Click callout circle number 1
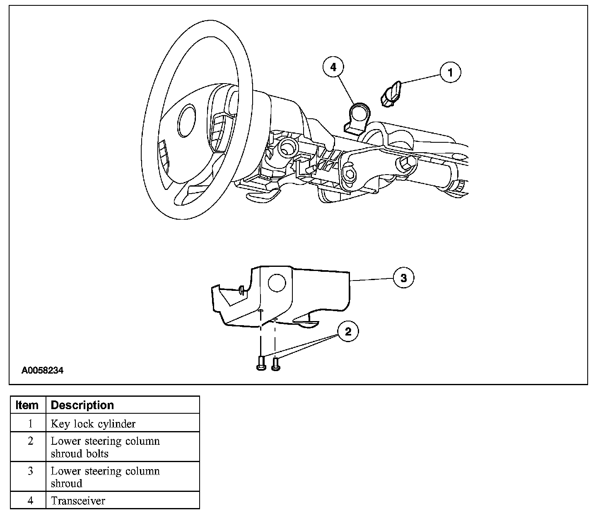pos(450,72)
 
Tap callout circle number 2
pos(348,331)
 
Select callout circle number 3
pos(404,278)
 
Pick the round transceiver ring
pos(358,112)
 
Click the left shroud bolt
pos(260,363)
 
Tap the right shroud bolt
pos(275,363)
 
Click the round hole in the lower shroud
pos(277,283)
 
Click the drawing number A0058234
pos(43,371)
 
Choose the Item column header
pos(27,405)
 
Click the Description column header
pos(82,405)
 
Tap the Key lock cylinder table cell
pos(93,424)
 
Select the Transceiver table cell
pos(78,501)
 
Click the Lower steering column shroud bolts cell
pos(105,447)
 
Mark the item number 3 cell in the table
pos(30,471)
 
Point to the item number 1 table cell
pos(30,424)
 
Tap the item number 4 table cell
pos(30,501)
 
